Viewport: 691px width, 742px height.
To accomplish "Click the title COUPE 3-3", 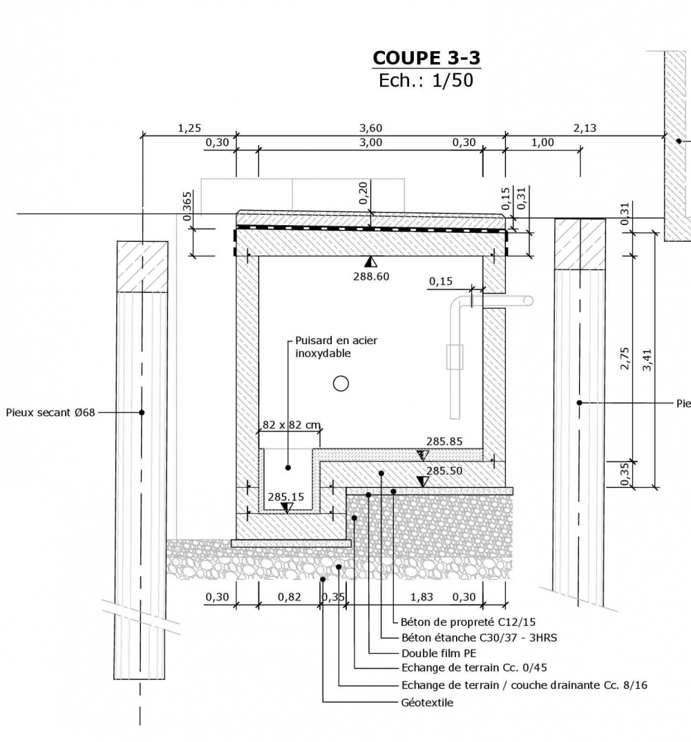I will pyautogui.click(x=426, y=57).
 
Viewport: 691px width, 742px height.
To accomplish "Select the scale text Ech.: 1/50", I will pyautogui.click(x=426, y=80).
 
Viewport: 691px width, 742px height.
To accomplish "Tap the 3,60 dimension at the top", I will pyautogui.click(x=370, y=128).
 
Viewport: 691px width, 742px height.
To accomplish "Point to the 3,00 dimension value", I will pyautogui.click(x=370, y=142).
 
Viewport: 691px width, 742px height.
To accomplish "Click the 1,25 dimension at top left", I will pyautogui.click(x=189, y=128).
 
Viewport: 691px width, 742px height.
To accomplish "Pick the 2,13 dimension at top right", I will pyautogui.click(x=585, y=128).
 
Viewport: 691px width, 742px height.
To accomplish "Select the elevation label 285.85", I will pyautogui.click(x=444, y=441).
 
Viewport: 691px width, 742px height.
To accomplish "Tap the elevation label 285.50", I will pyautogui.click(x=444, y=470).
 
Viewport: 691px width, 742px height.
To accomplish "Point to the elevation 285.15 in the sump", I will pyautogui.click(x=286, y=496).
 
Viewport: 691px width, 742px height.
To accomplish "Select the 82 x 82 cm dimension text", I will pyautogui.click(x=292, y=425).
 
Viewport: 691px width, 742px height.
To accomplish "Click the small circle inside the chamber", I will pyautogui.click(x=341, y=383).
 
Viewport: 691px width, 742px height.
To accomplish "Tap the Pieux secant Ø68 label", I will pyautogui.click(x=50, y=412).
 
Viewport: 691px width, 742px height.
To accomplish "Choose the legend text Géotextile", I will pyautogui.click(x=427, y=703).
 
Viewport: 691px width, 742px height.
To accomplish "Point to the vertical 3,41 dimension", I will pyautogui.click(x=647, y=359).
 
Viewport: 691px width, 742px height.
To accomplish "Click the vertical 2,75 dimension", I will pyautogui.click(x=625, y=359).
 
